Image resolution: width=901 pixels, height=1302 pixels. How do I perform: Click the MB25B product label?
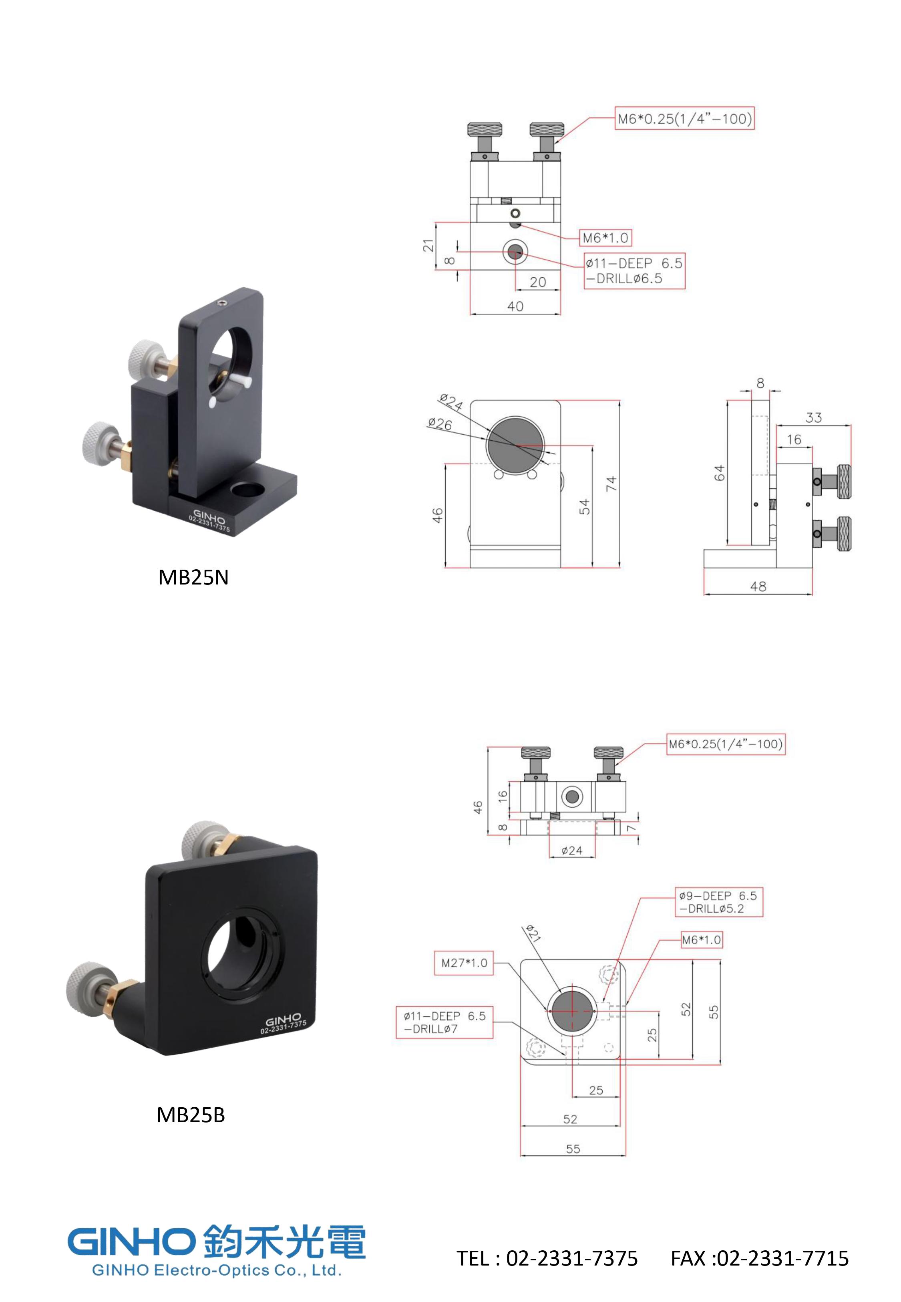pos(191,1115)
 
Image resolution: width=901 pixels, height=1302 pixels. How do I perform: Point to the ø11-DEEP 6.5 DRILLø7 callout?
pos(444,1022)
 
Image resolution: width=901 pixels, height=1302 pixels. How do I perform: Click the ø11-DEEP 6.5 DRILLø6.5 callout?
pos(634,271)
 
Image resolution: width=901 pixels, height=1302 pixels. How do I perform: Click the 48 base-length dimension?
pos(758,587)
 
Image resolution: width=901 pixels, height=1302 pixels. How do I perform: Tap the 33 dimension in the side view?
pos(813,417)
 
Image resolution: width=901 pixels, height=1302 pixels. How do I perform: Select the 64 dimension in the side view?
pos(719,473)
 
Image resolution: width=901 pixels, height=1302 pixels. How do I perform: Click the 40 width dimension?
pos(515,306)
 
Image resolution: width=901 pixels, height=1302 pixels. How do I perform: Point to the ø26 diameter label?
pos(440,423)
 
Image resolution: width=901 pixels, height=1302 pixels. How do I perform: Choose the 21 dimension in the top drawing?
pos(428,246)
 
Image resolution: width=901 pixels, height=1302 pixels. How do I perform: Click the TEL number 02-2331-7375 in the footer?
pos(572,1258)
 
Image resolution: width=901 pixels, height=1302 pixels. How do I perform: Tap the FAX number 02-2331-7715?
pos(782,1258)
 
